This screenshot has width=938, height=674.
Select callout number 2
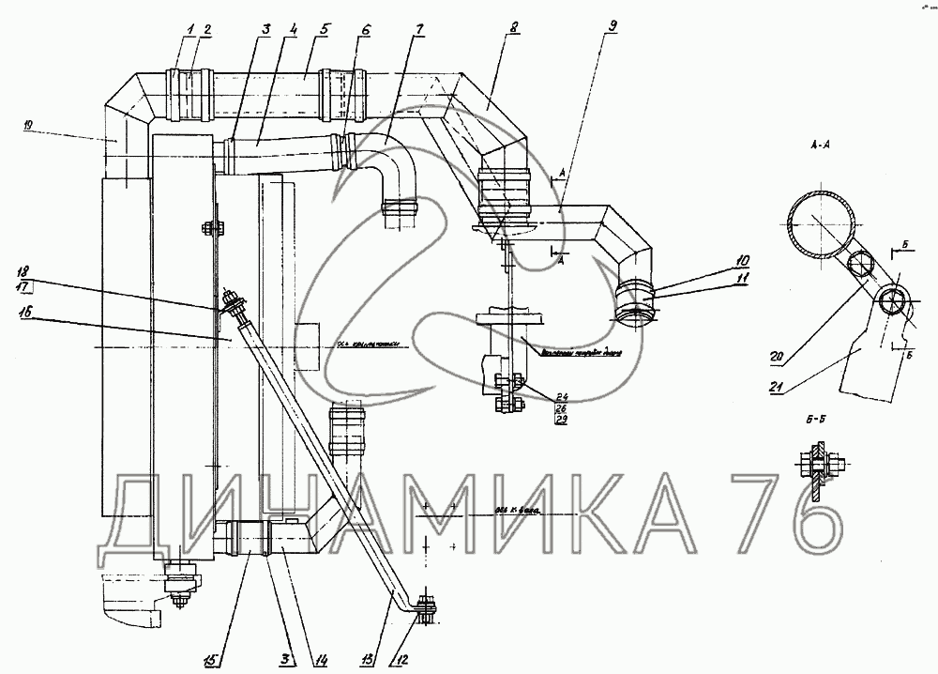[205, 29]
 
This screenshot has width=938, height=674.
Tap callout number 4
[294, 29]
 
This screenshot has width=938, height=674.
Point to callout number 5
[324, 29]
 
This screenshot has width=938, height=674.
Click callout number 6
[364, 29]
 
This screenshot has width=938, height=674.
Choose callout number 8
[514, 29]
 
